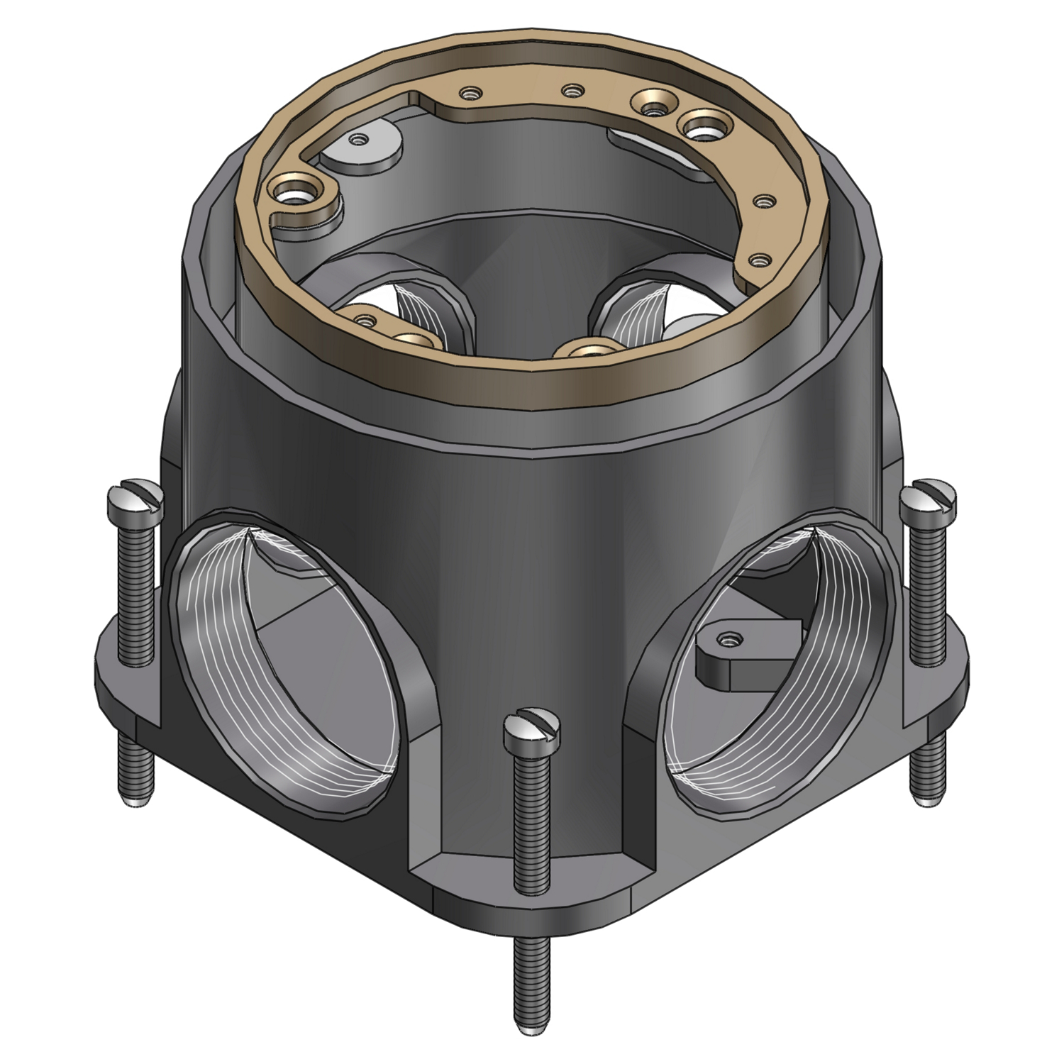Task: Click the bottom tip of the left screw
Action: tap(133, 802)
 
